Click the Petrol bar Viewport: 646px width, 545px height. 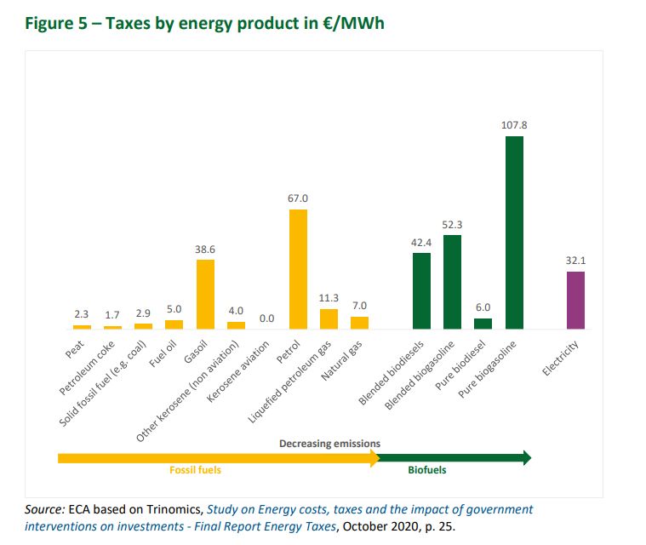pyautogui.click(x=298, y=269)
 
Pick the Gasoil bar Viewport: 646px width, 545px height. pyautogui.click(x=205, y=294)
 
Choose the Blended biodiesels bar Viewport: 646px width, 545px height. pyautogui.click(x=421, y=290)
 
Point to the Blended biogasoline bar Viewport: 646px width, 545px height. pyautogui.click(x=452, y=282)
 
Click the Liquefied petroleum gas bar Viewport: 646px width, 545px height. pyautogui.click(x=329, y=318)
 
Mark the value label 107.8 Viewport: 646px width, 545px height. pyautogui.click(x=515, y=124)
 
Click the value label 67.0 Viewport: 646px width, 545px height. pyautogui.click(x=298, y=198)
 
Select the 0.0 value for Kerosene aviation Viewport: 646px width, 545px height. pyautogui.click(x=266, y=318)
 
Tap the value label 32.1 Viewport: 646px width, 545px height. pyautogui.click(x=576, y=259)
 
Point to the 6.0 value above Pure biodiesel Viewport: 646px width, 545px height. pyautogui.click(x=483, y=307)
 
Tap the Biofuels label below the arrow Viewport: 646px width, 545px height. pyautogui.click(x=426, y=470)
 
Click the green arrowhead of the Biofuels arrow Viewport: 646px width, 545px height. pyautogui.click(x=524, y=458)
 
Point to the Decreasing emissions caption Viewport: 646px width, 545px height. pyautogui.click(x=329, y=444)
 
